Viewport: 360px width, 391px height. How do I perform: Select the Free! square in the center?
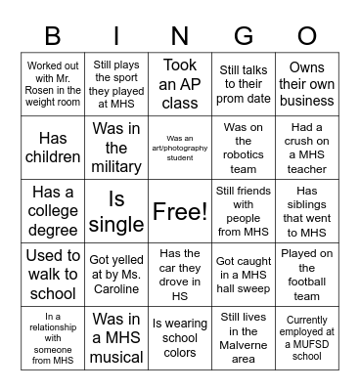coord(180,211)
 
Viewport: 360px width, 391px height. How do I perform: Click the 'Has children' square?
coord(54,148)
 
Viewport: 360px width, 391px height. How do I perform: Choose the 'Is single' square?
coord(117,211)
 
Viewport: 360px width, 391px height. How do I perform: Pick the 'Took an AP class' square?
coord(180,84)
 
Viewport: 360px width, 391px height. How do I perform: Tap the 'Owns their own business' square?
coord(306,84)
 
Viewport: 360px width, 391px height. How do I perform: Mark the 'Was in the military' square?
coord(117,148)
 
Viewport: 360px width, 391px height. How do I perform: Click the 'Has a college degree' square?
coord(54,211)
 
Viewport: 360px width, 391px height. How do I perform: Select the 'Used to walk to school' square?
coord(54,275)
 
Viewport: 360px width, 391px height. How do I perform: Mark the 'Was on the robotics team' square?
coord(243,148)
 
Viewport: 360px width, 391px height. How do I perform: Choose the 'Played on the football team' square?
coord(306,275)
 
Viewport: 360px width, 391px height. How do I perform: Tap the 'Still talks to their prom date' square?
coord(243,84)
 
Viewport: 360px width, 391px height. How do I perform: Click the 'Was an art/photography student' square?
coord(180,148)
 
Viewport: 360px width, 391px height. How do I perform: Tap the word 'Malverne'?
coord(243,345)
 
